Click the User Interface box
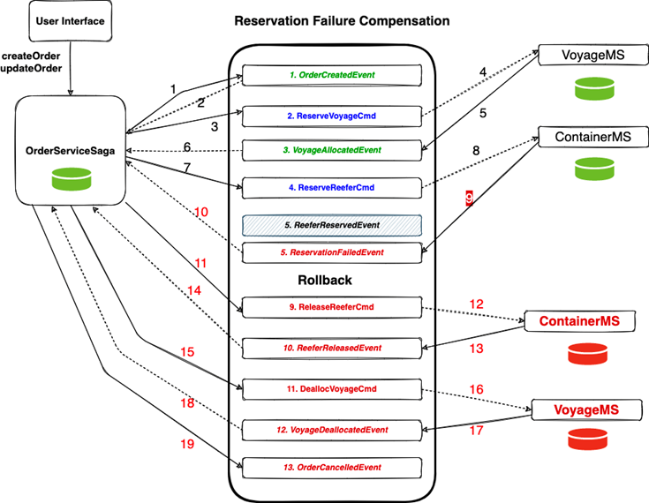point(71,20)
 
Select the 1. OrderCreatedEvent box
point(332,75)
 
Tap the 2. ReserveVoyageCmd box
point(332,116)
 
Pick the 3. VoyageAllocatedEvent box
point(332,150)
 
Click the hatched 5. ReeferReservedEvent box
point(332,225)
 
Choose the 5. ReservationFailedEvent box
point(332,252)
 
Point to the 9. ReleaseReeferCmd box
point(332,307)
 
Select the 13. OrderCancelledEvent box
point(332,468)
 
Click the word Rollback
point(325,280)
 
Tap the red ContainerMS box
point(579,321)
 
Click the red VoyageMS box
point(586,409)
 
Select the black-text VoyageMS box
point(593,55)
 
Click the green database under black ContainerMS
point(594,169)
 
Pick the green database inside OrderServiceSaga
point(72,179)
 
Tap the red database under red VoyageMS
point(588,439)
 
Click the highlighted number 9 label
point(469,199)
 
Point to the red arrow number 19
point(187,444)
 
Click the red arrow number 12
point(477,304)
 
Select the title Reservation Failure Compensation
point(342,20)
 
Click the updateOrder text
point(31,68)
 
